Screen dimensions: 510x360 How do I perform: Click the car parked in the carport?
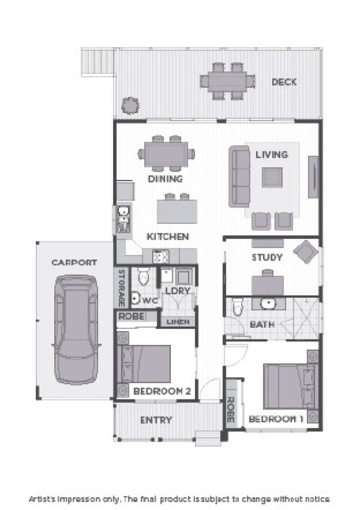click(76, 329)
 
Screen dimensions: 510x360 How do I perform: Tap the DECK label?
click(284, 82)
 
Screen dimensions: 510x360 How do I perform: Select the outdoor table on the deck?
click(227, 81)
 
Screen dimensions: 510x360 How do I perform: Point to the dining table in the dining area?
click(166, 154)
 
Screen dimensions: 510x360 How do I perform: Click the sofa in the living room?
click(239, 176)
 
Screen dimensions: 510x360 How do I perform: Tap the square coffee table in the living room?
click(272, 177)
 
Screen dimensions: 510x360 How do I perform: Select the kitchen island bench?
click(176, 211)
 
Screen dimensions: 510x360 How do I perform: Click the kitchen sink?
click(123, 219)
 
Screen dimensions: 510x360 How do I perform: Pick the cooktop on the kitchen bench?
click(160, 256)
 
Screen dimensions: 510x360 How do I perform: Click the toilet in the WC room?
click(144, 277)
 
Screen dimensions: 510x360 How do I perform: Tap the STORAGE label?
click(121, 288)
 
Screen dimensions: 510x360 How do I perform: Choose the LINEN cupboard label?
click(178, 322)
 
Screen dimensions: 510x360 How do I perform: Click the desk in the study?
click(268, 285)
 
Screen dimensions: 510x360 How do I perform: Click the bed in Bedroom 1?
click(288, 386)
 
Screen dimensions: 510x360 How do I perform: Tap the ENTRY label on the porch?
click(156, 420)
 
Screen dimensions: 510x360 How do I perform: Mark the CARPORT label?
click(74, 263)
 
